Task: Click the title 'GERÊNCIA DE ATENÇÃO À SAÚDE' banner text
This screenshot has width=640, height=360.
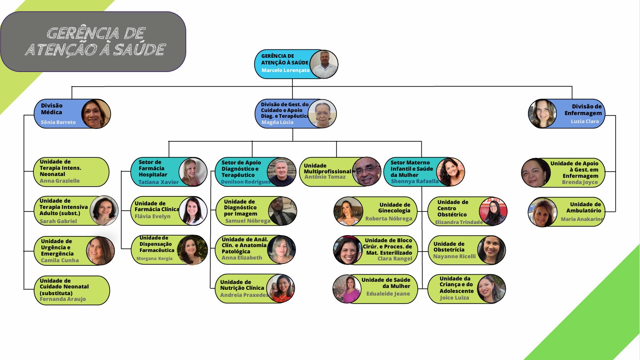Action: (x=96, y=41)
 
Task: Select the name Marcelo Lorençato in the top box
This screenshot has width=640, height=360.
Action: (x=285, y=70)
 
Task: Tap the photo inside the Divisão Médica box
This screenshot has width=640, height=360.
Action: (x=96, y=114)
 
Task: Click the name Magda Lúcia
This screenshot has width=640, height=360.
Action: (x=277, y=122)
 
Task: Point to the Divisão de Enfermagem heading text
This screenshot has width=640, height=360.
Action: (x=583, y=110)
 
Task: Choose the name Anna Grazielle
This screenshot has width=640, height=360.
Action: (x=60, y=181)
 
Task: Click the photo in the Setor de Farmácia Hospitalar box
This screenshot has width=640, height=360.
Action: (x=193, y=172)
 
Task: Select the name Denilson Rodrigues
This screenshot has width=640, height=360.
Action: (x=246, y=182)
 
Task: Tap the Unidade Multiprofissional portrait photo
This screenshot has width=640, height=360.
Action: (x=367, y=172)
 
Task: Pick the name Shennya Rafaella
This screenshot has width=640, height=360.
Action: (x=415, y=181)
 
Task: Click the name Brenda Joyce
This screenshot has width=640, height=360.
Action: (x=580, y=182)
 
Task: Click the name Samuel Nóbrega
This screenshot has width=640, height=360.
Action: (x=248, y=221)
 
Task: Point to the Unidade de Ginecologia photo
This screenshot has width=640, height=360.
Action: (x=348, y=212)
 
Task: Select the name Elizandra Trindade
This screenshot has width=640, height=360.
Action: (x=459, y=222)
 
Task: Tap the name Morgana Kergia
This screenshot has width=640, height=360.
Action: (x=155, y=259)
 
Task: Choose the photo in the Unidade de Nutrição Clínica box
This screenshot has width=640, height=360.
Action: (x=280, y=288)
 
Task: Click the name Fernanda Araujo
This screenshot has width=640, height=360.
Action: (x=63, y=299)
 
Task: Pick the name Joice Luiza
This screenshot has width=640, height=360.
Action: (x=454, y=298)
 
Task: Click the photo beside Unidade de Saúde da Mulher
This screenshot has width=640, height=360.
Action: (x=347, y=289)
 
